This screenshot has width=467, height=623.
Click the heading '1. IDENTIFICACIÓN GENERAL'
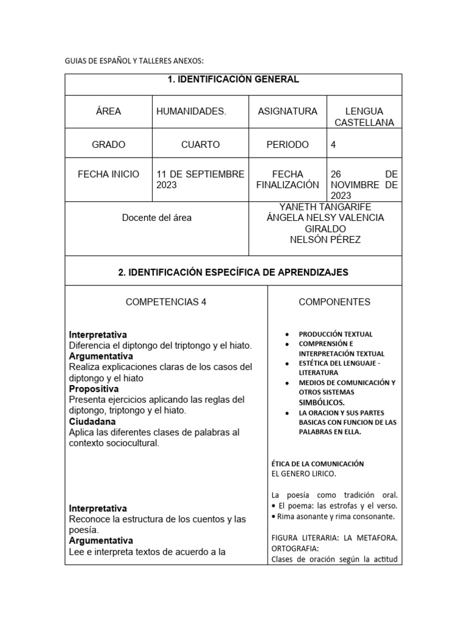233,80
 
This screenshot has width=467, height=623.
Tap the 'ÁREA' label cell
108,111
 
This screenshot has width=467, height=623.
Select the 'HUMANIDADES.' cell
191,111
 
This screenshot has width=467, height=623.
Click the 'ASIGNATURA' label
288,111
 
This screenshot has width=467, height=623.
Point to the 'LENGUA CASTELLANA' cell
364,117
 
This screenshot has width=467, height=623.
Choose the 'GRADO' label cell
108,145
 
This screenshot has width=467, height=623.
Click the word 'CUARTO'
200,145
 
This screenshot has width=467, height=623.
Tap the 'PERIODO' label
288,145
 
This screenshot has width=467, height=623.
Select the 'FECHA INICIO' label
108,174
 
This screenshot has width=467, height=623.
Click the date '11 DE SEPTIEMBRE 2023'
200,179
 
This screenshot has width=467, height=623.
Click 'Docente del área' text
157,218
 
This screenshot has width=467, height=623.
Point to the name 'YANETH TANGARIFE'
325,207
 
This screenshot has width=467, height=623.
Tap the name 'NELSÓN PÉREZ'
325,240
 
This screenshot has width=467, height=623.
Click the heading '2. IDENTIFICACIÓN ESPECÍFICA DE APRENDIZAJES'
233,273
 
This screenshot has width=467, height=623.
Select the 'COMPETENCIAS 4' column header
166,302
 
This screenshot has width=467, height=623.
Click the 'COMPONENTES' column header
334,302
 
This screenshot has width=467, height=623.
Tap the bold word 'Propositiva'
94,389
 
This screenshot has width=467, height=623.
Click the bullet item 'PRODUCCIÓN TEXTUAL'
336,334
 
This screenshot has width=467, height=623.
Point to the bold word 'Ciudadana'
92,422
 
